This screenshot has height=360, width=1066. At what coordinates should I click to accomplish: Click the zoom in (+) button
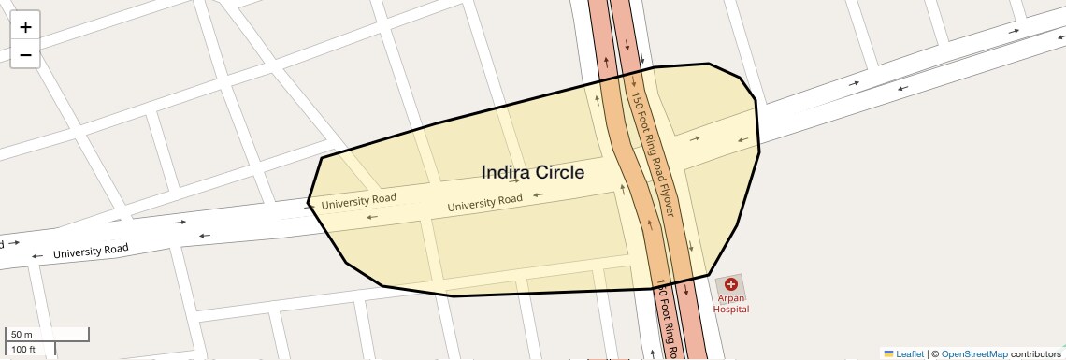25,27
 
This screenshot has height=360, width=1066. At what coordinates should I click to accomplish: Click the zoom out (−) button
25,55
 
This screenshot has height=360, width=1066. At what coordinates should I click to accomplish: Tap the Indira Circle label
532,173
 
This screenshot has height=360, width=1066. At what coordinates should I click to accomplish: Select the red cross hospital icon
730,283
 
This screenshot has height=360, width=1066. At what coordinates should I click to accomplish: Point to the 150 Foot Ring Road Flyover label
652,153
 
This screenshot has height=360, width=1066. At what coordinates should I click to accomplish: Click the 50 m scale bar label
22,334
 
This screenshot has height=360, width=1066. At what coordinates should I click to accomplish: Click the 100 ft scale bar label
23,350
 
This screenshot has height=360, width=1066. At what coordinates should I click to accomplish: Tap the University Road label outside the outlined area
90,251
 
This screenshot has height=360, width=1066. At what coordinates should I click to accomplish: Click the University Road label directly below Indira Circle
484,201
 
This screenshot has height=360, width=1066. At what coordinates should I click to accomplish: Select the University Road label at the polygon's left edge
359,200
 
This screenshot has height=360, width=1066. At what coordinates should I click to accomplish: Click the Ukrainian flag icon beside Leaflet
888,353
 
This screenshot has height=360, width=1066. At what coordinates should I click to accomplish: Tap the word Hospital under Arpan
731,309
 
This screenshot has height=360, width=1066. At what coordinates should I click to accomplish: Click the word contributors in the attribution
1036,353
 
